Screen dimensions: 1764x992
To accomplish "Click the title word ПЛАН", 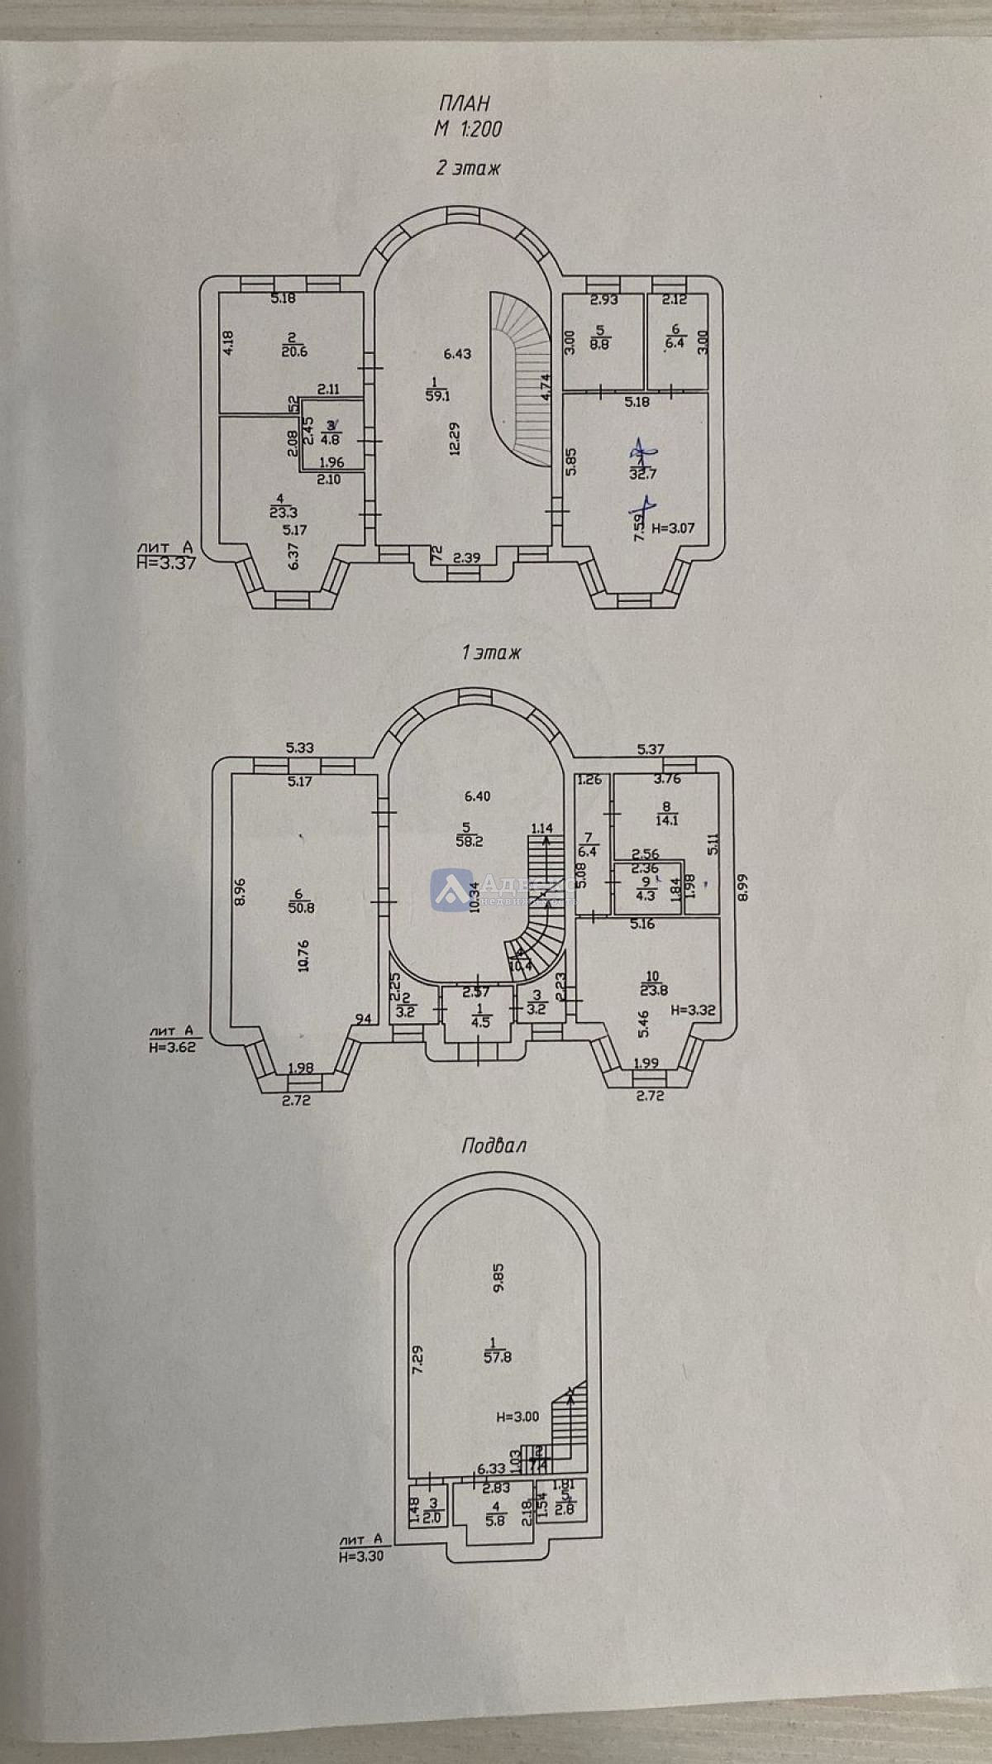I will pos(464,103).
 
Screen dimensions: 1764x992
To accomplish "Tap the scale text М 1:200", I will pos(469,129).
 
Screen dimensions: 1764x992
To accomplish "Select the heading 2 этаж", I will pos(469,169).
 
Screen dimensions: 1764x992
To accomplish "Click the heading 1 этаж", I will pos(491,653).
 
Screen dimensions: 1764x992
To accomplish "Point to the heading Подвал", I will pos(494,1145).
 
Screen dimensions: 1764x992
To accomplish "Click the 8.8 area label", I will pos(600,345).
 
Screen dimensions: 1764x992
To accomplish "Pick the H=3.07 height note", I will pos(674,528).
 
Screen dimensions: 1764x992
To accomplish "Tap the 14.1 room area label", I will pos(665,820).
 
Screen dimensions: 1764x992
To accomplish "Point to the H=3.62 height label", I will pos(172,1045).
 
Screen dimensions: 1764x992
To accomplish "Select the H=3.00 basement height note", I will pos(517,1417).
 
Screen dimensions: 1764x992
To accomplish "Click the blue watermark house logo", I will pos(451,890).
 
